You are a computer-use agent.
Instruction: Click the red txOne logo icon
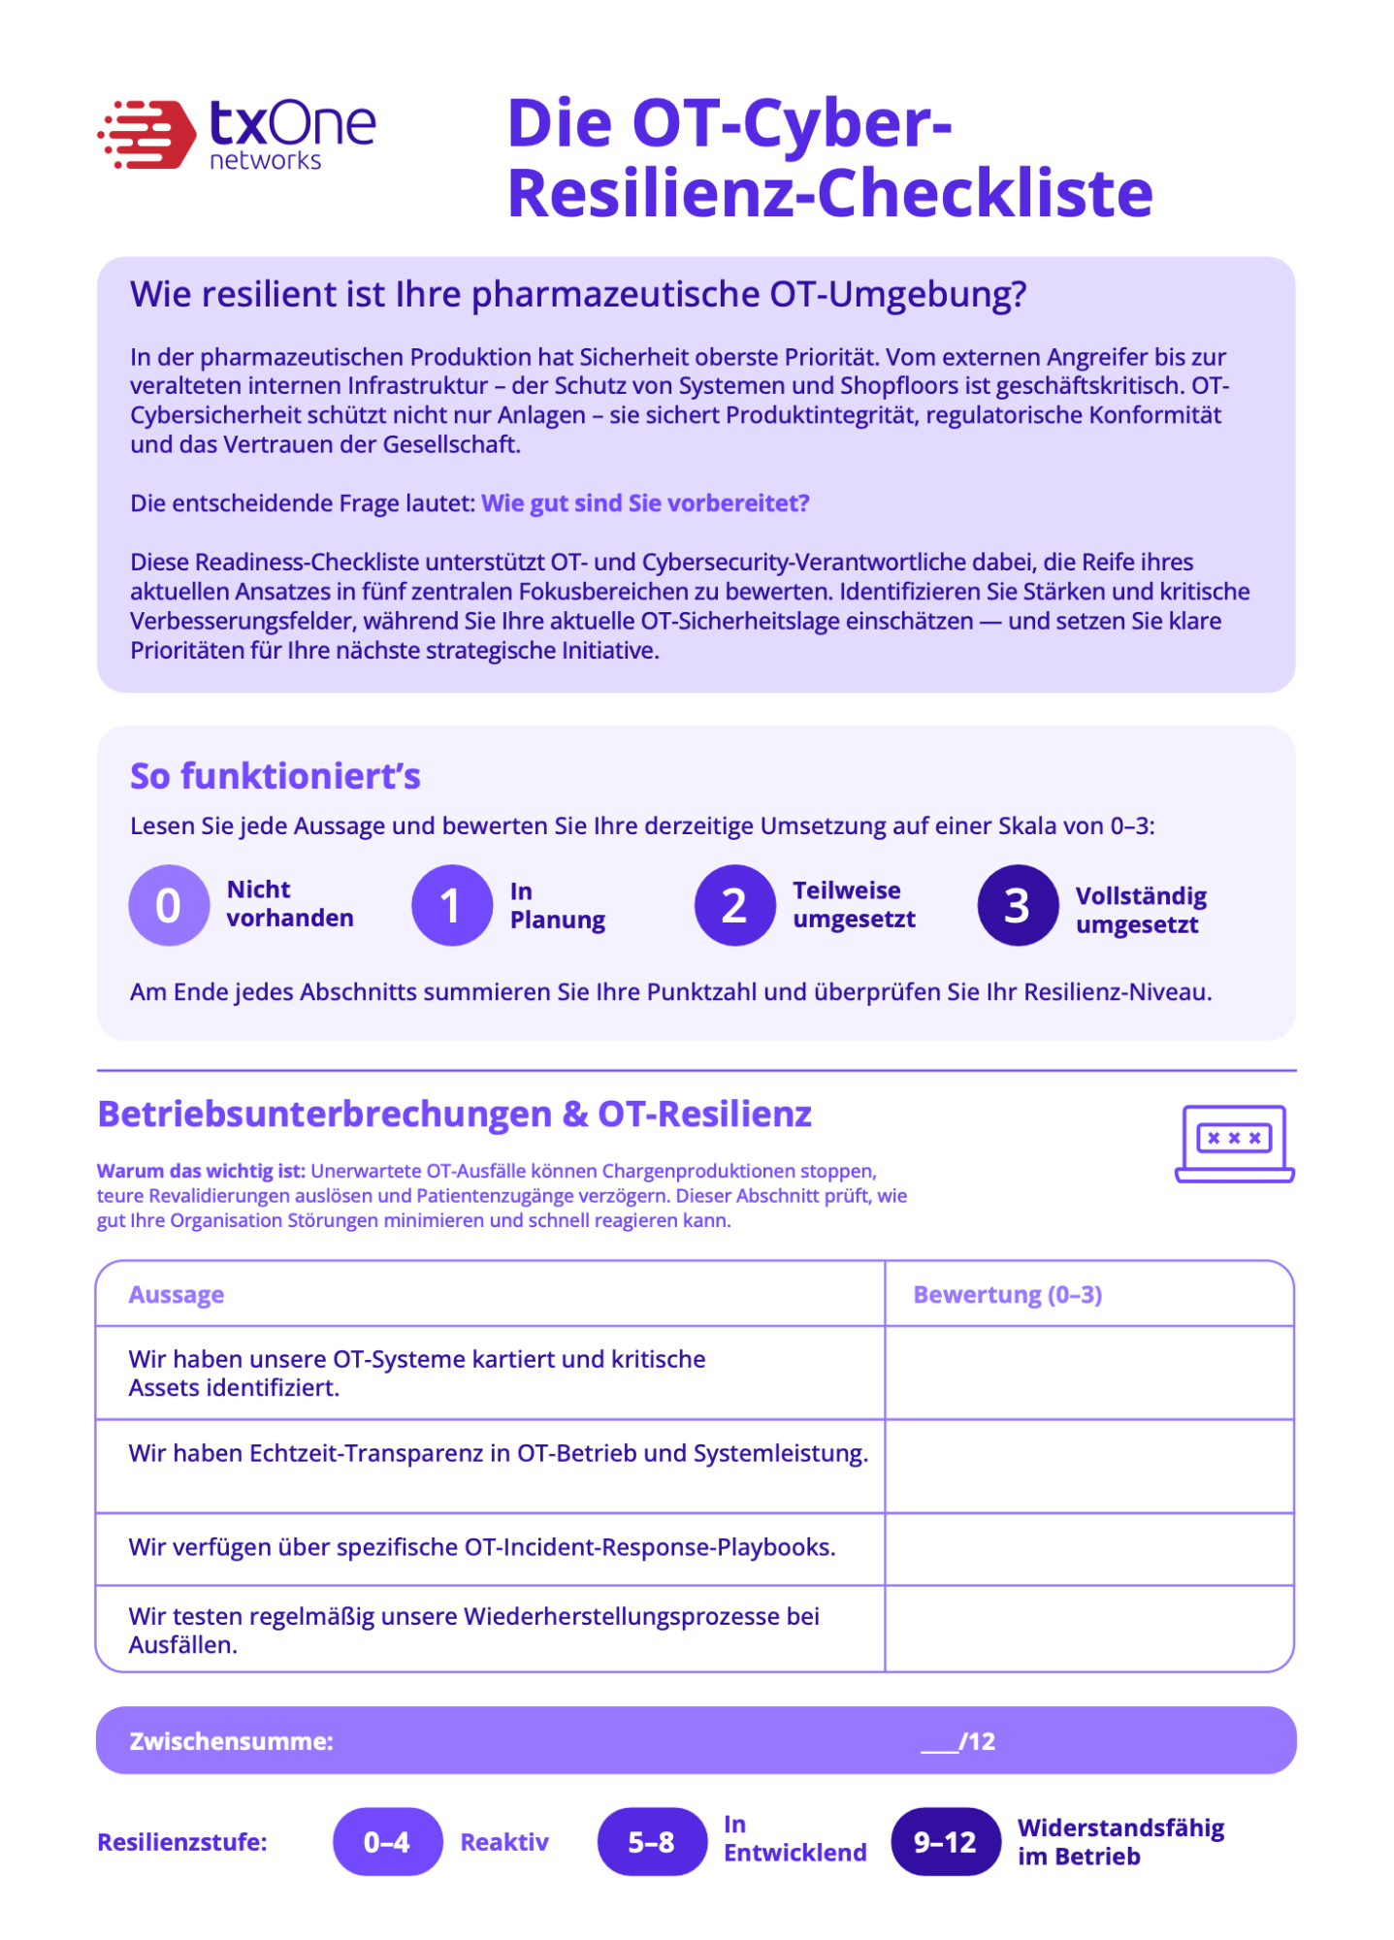point(146,134)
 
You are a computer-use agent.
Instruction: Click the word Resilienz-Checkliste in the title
point(829,192)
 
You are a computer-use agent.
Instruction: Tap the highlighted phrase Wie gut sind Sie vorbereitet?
point(645,503)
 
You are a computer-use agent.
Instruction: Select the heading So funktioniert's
point(276,776)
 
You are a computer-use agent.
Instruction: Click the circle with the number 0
point(169,905)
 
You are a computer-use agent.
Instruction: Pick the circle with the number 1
point(451,905)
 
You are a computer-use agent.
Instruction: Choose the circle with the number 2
point(734,905)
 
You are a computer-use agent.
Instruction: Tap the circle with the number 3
point(1017,905)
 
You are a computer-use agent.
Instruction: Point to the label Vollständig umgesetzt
point(1141,910)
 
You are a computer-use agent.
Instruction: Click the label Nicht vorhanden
point(289,904)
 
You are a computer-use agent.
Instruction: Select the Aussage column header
point(177,1295)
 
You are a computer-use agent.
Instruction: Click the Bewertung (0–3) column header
point(1007,1295)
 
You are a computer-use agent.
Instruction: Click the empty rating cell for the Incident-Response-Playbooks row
point(1088,1549)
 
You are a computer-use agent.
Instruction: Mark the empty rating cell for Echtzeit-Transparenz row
point(1088,1466)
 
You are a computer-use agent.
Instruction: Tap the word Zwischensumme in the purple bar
point(231,1741)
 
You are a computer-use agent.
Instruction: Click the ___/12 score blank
point(957,1741)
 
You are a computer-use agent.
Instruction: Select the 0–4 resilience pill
point(387,1841)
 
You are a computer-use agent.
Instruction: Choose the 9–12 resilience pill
point(945,1841)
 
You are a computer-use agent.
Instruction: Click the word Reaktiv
point(504,1842)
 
